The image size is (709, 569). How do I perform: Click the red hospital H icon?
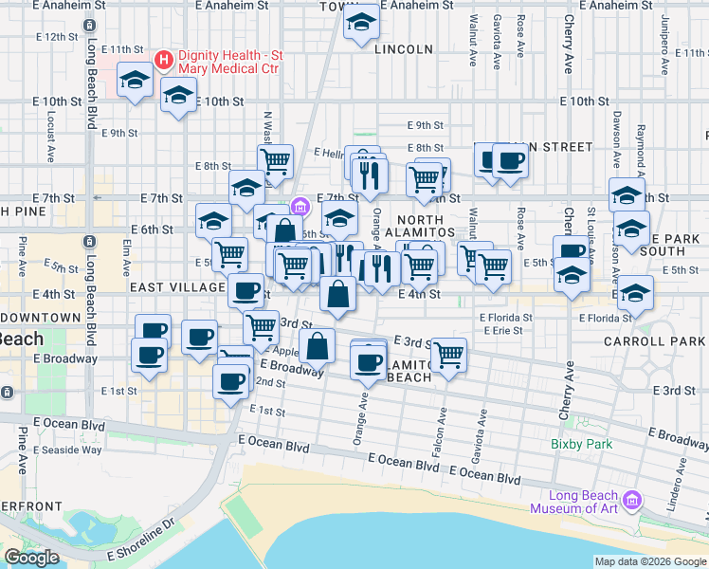pyautogui.click(x=164, y=61)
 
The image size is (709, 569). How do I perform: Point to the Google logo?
pyautogui.click(x=31, y=558)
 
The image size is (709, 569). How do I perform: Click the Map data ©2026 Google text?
pyautogui.click(x=650, y=561)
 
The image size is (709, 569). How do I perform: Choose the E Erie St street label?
pyautogui.click(x=502, y=331)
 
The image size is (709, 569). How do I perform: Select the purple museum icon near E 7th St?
pyautogui.click(x=300, y=206)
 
